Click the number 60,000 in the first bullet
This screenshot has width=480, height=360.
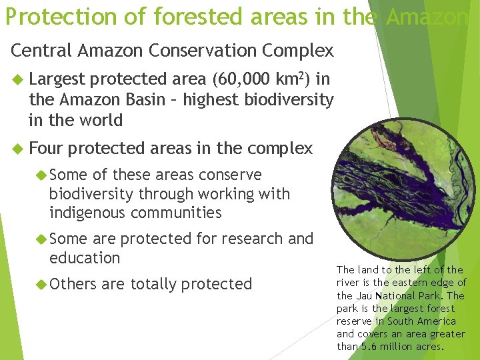coord(241,80)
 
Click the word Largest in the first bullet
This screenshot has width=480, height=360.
coord(57,80)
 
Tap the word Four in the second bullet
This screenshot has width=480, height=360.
coord(46,148)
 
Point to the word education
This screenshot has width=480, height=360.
coord(85,258)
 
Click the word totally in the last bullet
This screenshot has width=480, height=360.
coord(157,284)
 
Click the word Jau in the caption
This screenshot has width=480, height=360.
coord(363,295)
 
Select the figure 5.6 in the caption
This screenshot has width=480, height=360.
coord(369,346)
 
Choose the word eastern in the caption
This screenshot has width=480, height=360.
coord(417,283)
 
